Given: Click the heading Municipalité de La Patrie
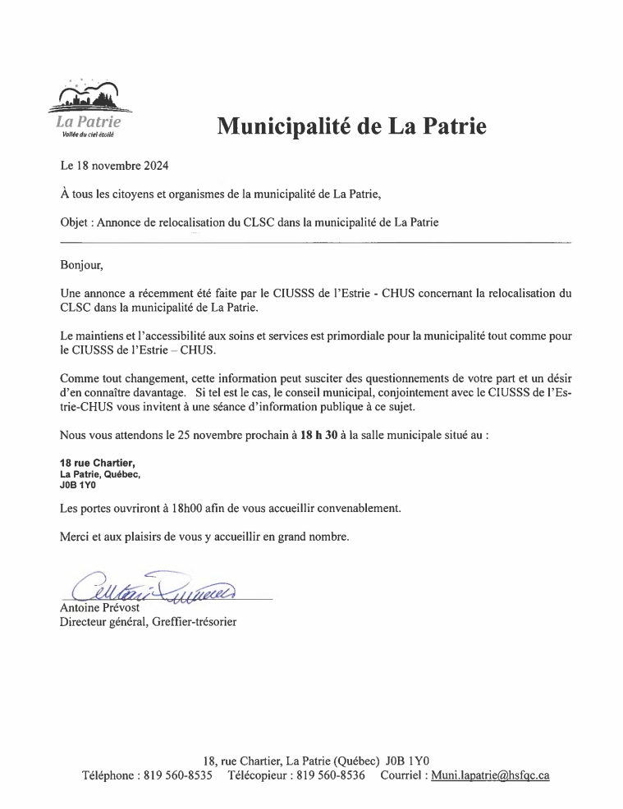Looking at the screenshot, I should click(351, 126).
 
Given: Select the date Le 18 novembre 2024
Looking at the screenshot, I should click(115, 166).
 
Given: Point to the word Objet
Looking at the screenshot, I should click(76, 222).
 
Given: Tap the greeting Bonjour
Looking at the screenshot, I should click(83, 265).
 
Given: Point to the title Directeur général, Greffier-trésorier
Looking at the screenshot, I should click(149, 623).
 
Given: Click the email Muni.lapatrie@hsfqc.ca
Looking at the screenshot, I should click(490, 775).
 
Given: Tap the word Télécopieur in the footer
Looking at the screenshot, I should click(259, 775).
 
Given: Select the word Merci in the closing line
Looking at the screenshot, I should click(76, 537).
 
